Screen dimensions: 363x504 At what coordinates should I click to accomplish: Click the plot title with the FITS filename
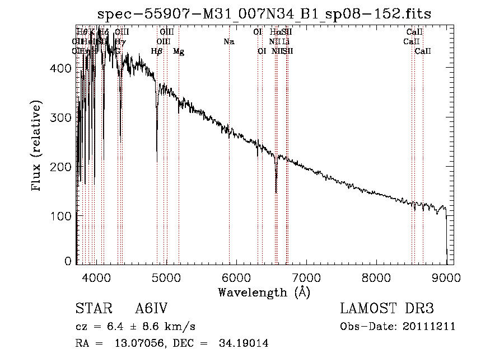(x=264, y=14)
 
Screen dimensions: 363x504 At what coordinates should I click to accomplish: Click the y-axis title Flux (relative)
(x=38, y=145)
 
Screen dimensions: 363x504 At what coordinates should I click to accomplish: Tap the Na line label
(x=228, y=41)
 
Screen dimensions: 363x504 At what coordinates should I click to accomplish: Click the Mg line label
(x=179, y=51)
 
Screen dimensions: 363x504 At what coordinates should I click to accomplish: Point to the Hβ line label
(x=157, y=51)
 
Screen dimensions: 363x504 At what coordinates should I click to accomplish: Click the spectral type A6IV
(x=151, y=309)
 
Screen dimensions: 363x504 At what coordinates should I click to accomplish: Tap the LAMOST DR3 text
(x=387, y=309)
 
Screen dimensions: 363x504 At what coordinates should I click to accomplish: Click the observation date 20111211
(x=429, y=327)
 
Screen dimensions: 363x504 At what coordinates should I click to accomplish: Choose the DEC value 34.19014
(x=242, y=343)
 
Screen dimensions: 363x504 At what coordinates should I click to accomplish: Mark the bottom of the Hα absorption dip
(x=276, y=192)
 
